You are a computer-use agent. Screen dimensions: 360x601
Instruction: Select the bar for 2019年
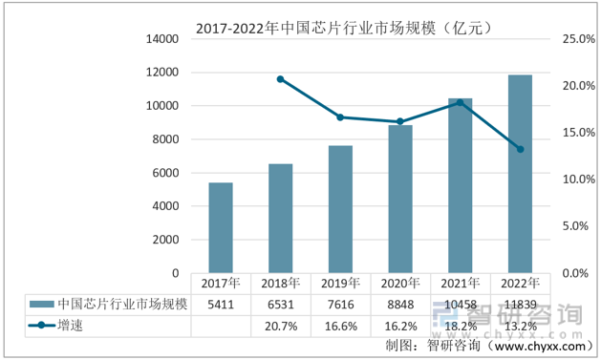click(x=340, y=209)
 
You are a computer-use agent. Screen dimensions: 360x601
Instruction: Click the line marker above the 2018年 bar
click(x=280, y=78)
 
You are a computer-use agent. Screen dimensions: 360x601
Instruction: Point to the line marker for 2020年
click(x=400, y=121)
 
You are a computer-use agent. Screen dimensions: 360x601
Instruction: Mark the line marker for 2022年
click(x=520, y=149)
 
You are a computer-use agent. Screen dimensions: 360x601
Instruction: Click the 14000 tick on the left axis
click(x=162, y=39)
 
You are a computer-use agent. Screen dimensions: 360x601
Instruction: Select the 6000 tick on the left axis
click(x=166, y=173)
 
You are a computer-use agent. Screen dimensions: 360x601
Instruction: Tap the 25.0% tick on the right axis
click(x=579, y=39)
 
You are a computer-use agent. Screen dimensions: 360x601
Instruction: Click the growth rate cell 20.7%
click(x=280, y=326)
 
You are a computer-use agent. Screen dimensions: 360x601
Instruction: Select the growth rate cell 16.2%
click(x=400, y=326)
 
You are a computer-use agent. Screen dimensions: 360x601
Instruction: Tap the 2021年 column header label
click(x=460, y=284)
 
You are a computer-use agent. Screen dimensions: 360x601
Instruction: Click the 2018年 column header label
click(x=280, y=284)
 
